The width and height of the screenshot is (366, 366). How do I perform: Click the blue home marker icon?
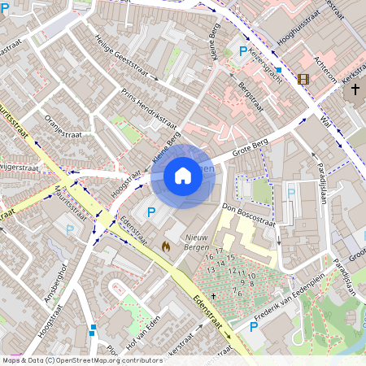[182, 175]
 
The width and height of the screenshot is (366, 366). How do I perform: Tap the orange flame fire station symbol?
[166, 244]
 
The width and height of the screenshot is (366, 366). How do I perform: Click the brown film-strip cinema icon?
[303, 79]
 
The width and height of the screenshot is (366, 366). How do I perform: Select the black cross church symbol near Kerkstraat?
[355, 85]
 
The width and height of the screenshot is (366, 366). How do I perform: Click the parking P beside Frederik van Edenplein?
[254, 327]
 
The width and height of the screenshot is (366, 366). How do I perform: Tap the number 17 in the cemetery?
[220, 251]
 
